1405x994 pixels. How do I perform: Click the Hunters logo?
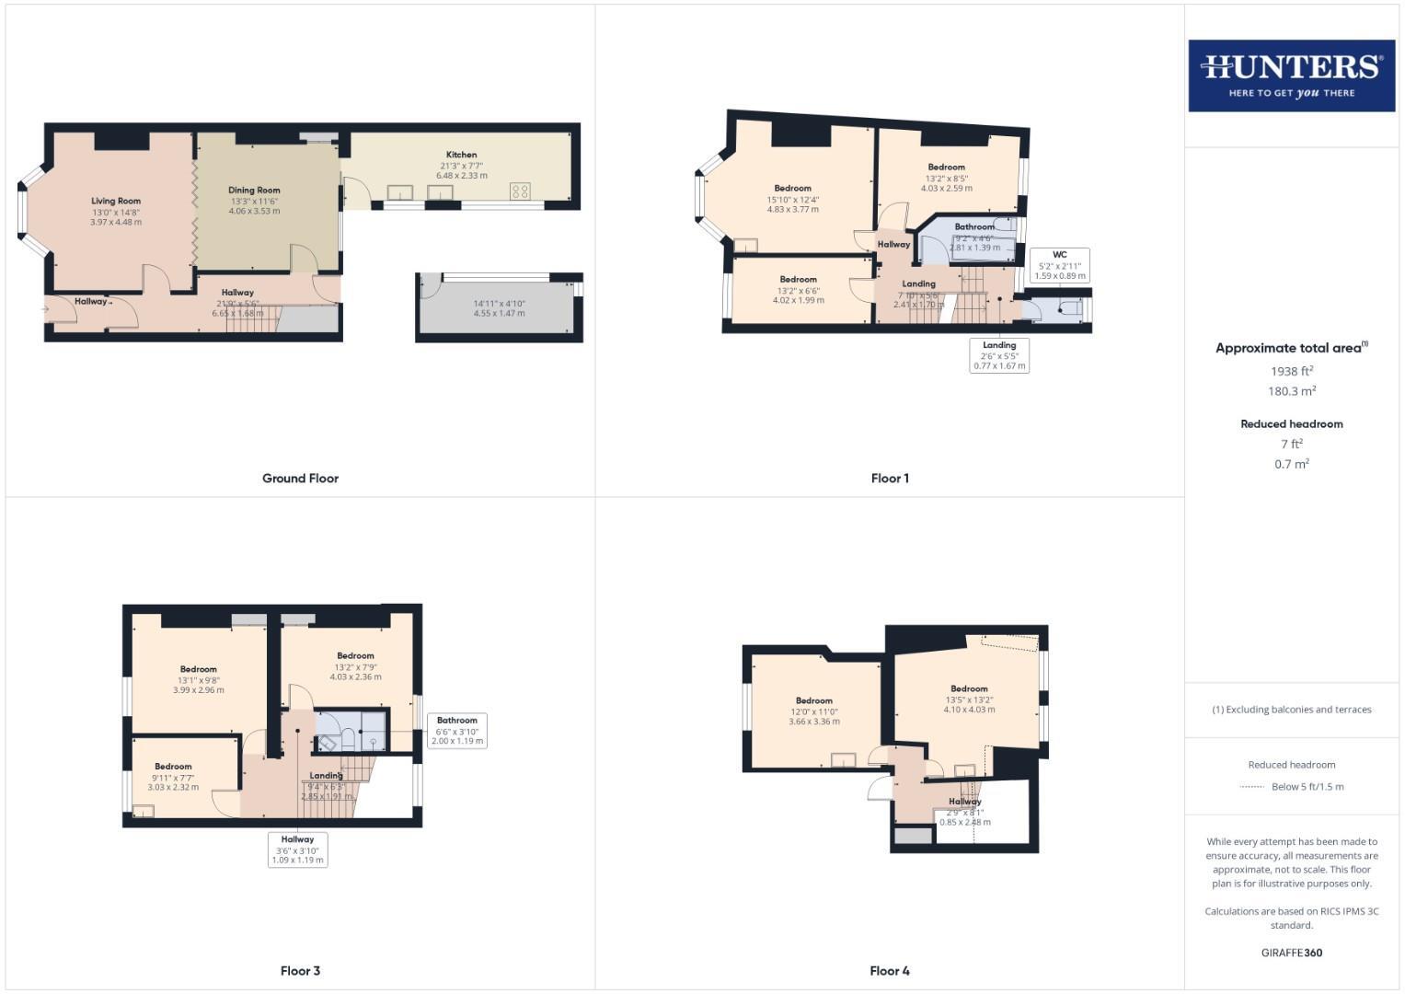click(1291, 75)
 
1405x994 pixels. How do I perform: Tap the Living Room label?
click(116, 202)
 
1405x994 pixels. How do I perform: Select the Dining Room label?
click(254, 191)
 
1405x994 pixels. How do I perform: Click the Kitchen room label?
click(462, 155)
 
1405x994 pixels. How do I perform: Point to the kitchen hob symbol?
click(520, 191)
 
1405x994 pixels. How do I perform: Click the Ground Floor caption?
click(300, 479)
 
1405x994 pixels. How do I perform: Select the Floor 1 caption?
click(890, 479)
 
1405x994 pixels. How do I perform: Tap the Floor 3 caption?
click(300, 971)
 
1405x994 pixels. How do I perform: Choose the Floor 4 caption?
click(890, 971)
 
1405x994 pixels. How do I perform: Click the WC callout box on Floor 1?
click(1060, 265)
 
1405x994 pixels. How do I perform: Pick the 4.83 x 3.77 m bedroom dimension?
click(793, 210)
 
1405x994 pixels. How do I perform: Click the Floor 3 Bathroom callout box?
click(457, 731)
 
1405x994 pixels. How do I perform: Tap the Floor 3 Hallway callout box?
click(298, 850)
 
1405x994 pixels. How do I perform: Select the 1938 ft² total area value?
click(1292, 372)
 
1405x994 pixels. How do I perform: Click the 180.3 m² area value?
click(1292, 391)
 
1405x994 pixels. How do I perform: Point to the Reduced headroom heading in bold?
click(1292, 424)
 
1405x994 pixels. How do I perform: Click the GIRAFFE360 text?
click(1292, 953)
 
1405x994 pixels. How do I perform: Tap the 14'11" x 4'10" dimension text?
click(499, 304)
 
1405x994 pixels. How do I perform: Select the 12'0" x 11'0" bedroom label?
click(814, 711)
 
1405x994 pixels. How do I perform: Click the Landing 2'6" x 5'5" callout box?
click(999, 355)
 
